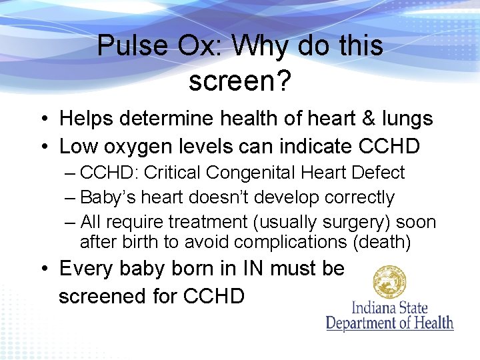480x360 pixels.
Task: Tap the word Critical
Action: pos(173,173)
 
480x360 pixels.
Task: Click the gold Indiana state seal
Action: pos(390,282)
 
